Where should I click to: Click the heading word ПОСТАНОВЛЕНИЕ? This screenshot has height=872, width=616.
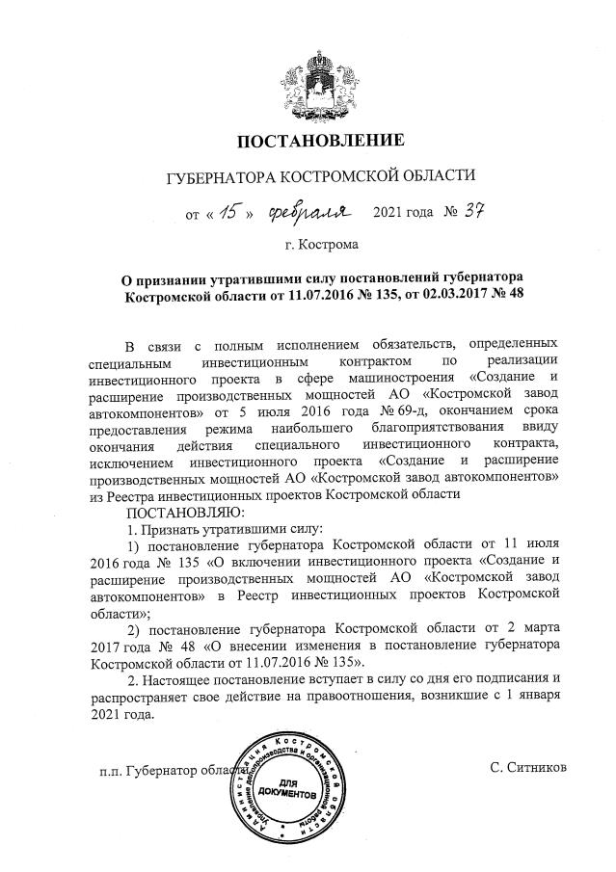(x=320, y=142)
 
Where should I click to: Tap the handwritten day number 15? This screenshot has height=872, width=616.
(x=228, y=209)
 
